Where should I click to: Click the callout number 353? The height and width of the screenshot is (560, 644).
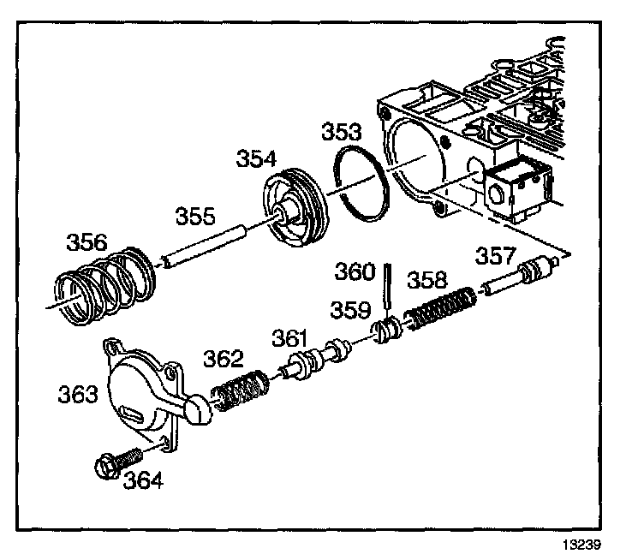341,132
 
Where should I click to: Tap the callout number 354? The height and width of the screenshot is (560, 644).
257,159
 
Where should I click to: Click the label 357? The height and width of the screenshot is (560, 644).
498,255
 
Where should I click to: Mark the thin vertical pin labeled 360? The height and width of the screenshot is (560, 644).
388,288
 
